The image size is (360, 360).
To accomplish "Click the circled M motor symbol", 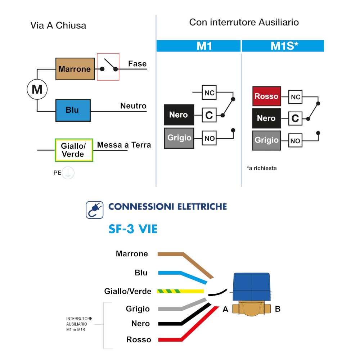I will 37,89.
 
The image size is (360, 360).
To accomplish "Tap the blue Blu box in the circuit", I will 73,110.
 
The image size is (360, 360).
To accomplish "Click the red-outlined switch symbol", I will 108,67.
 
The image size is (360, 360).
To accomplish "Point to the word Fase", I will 138,64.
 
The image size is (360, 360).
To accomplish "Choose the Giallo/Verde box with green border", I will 74,150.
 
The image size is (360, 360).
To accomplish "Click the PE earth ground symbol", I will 68,173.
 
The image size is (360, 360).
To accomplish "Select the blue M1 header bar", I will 198,46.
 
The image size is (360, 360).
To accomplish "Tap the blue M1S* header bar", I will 283,46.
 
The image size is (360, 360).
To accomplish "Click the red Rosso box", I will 266,96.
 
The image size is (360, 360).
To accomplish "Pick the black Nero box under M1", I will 179,115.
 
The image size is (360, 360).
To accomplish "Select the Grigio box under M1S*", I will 266,140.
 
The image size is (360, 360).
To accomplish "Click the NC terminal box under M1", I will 209,93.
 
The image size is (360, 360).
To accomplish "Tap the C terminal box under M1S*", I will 295,118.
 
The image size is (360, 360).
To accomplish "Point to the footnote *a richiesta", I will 262,168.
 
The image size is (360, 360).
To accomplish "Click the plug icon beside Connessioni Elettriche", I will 95,210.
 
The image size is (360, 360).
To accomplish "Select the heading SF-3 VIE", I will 133,229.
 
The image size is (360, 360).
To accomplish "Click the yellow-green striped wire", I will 180,291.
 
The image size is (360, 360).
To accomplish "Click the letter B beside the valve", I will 278,309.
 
